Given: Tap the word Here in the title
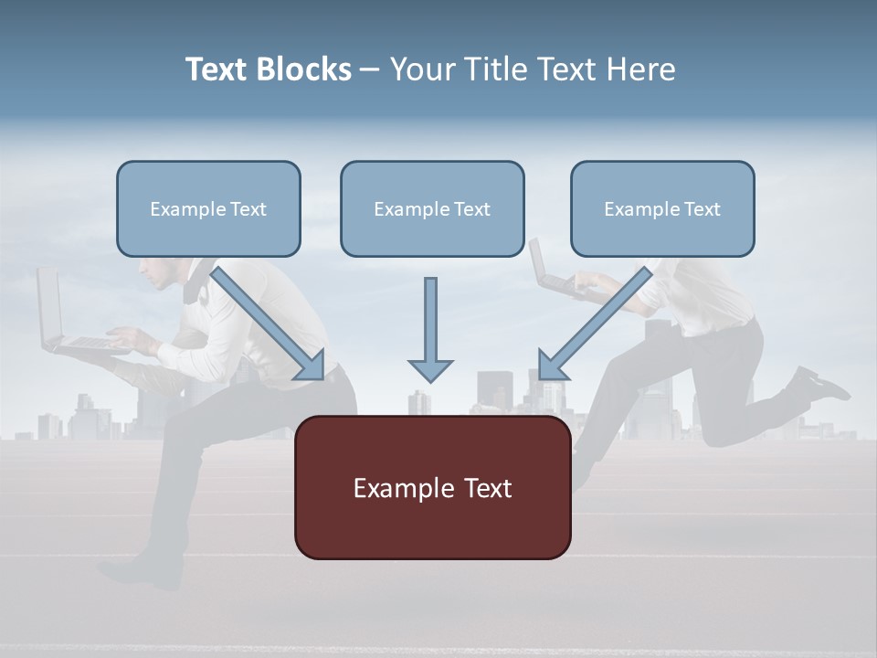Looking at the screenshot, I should [641, 69].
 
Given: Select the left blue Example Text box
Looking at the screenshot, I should [208, 209].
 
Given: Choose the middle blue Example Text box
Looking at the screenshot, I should [432, 209].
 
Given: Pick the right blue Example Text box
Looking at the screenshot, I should [662, 209].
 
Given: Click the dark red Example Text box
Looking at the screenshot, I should [432, 488].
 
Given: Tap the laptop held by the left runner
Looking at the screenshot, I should [64, 320].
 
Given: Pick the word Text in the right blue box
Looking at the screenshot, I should [703, 209].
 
